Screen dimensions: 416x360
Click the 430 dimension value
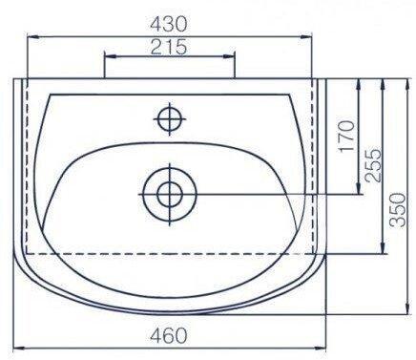[169, 24]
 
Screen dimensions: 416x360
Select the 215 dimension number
[169, 47]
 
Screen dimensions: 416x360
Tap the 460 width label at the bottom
[169, 335]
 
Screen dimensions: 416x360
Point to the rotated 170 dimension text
[346, 136]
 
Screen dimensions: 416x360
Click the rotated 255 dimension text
[373, 164]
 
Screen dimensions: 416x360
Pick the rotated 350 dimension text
[398, 210]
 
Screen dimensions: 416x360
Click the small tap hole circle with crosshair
[170, 119]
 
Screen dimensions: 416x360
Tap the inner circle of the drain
[170, 194]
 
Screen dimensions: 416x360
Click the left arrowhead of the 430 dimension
[33, 37]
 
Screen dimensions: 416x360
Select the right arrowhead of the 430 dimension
[306, 37]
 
